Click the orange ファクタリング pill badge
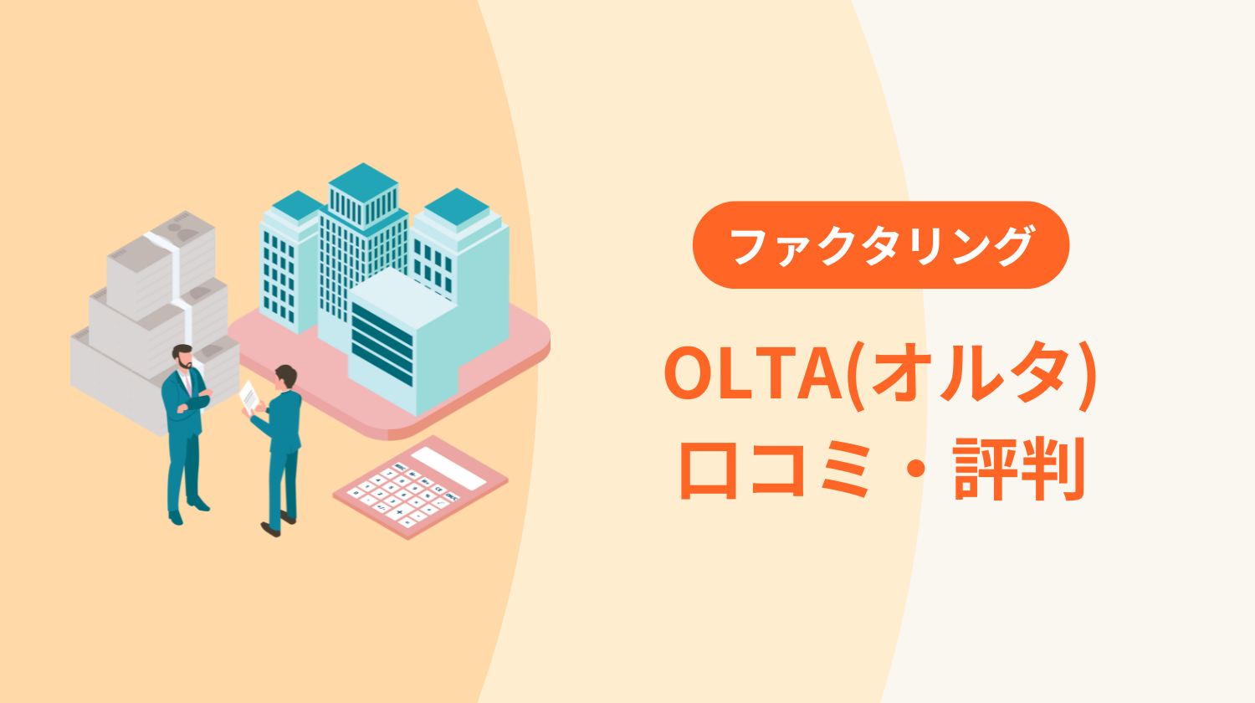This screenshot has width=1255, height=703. pos(881,245)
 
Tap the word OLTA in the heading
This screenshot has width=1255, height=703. pos(753,372)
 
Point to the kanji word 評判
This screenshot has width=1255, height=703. pos(1019,469)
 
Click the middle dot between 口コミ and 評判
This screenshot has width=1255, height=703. pos(916,470)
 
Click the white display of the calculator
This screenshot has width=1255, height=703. pos(448,468)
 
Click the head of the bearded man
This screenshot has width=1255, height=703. pos(182,357)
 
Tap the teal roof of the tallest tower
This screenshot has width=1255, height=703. pos(363,182)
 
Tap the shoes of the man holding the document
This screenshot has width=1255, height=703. pos(279,524)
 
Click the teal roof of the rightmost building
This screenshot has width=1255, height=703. pos(457,207)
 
